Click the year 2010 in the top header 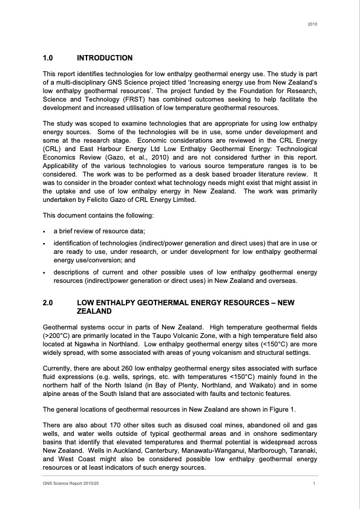tap(312, 24)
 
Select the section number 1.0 tap(48, 58)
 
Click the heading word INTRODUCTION tap(105, 58)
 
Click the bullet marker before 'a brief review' tap(45, 232)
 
